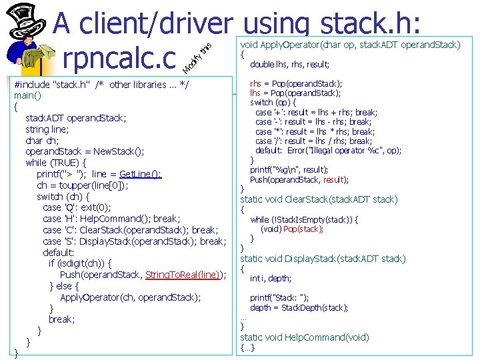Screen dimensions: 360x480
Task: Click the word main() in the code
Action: pos(28,95)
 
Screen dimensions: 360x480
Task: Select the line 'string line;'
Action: pos(47,129)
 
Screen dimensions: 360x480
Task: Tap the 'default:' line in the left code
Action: pos(58,253)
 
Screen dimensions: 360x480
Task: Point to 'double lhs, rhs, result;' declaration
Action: pos(290,65)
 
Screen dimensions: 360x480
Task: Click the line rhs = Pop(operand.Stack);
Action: pos(296,83)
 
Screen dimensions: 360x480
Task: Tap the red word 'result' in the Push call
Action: pos(333,179)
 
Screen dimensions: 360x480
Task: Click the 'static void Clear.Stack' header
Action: pos(319,199)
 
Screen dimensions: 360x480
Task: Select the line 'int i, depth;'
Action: pos(270,279)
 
